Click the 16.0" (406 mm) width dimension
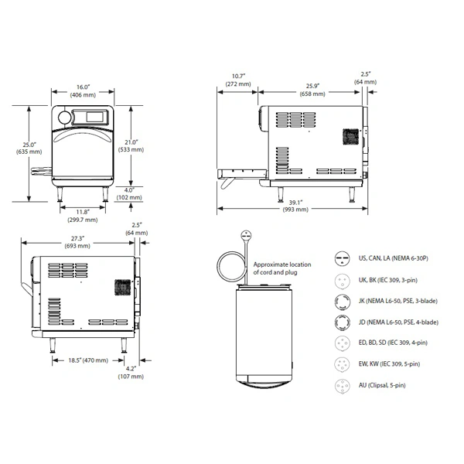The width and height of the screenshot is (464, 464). pos(83,90)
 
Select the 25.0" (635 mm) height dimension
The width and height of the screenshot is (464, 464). pos(29,148)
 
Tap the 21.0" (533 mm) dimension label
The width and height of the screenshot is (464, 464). pos(131,146)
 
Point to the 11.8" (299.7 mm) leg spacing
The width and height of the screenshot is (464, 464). pos(83,216)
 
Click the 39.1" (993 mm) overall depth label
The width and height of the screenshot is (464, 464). pos(295,206)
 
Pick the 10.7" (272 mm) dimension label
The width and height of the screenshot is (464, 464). pos(238,80)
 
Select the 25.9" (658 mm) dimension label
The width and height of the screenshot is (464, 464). pos(312,90)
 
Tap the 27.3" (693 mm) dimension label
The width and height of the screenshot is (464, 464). pos(77,242)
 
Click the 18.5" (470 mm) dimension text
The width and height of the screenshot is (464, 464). pos(88,360)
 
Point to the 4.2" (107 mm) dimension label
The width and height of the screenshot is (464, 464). pos(131,373)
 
